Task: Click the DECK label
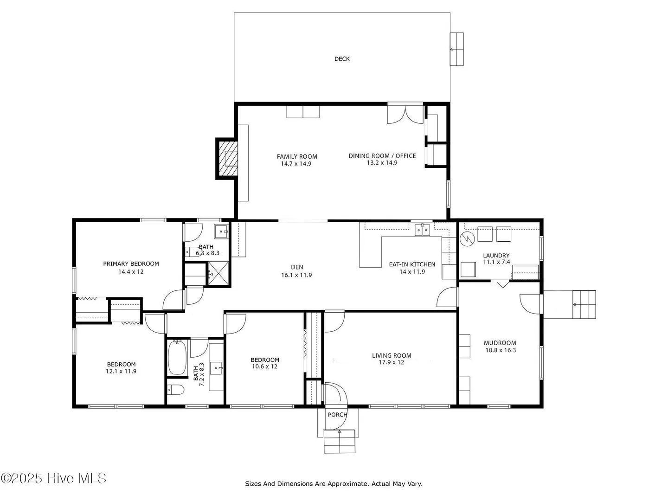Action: coord(342,59)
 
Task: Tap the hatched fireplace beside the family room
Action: coord(227,159)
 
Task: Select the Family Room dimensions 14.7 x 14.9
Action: coord(296,164)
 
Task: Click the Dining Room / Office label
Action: coord(382,156)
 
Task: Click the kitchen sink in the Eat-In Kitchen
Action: coord(423,230)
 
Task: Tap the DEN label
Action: coord(297,267)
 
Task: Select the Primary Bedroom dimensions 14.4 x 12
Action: coord(131,272)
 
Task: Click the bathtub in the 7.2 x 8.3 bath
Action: coord(177,357)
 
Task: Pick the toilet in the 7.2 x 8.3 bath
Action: coord(176,390)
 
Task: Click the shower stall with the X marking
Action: coord(218,273)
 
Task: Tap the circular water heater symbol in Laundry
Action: coord(467,239)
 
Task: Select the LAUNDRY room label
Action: coord(496,256)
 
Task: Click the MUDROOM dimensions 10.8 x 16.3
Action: coord(501,350)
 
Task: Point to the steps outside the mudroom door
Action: coord(584,304)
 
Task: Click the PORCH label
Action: coord(337,415)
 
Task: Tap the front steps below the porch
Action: coord(339,441)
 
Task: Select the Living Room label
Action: coord(392,355)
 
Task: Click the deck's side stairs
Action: coord(457,49)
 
